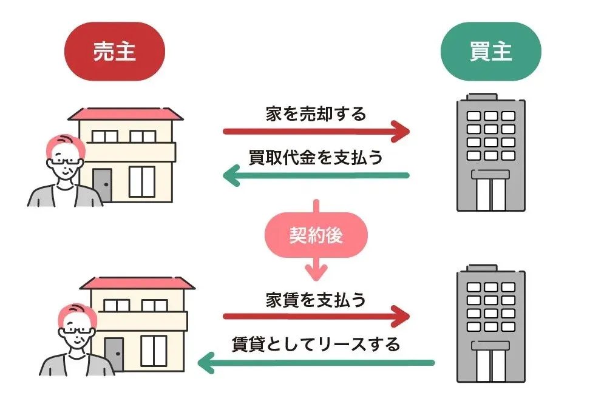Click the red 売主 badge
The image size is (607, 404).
[x=115, y=52]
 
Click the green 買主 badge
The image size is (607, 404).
[x=490, y=52]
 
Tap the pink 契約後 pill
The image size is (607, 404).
[x=316, y=235]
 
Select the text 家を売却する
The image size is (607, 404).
[x=316, y=113]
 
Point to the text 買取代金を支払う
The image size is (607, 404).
[x=316, y=157]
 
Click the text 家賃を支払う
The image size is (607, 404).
[x=316, y=300]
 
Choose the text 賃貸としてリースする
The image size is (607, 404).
[x=316, y=345]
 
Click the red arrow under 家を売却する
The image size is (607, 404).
[x=316, y=131]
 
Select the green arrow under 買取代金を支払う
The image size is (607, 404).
[x=316, y=176]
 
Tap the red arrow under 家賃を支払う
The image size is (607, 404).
[x=316, y=317]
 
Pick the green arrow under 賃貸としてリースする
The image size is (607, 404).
[x=316, y=363]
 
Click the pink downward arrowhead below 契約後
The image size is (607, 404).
[x=316, y=271]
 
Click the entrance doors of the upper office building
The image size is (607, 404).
[x=490, y=191]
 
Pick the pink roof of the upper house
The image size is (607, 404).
[x=124, y=114]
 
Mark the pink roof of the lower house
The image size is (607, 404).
[x=137, y=283]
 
